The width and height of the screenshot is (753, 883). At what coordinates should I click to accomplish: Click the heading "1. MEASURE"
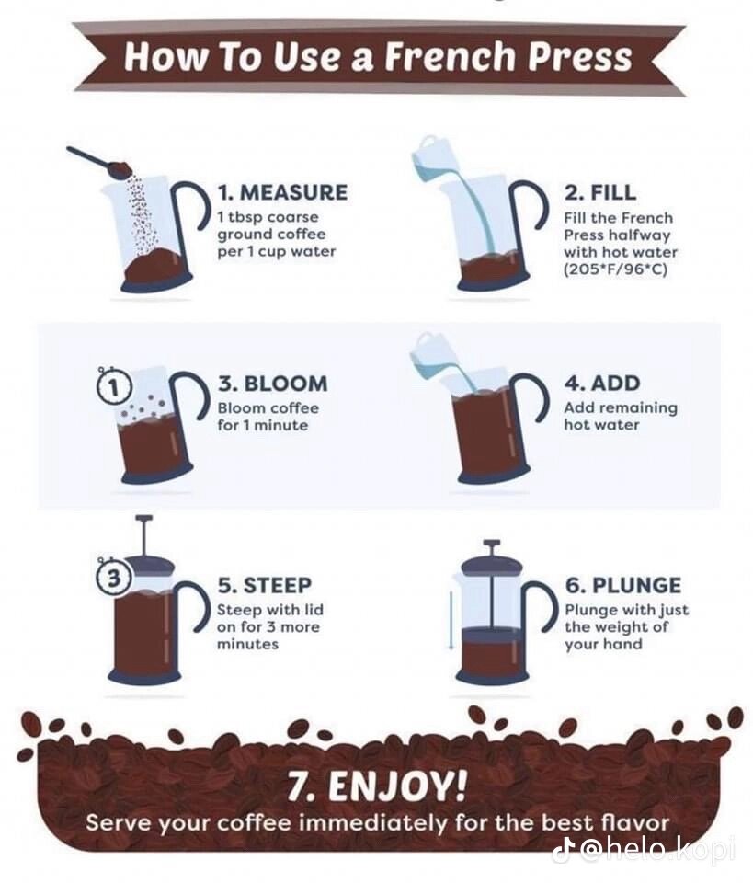point(282,192)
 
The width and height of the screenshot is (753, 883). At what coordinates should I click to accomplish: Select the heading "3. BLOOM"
point(272,383)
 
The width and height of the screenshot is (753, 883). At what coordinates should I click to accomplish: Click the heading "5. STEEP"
point(265,585)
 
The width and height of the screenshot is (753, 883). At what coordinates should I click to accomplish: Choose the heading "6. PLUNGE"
point(622,585)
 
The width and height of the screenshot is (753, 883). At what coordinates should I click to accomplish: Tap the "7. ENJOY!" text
point(376,786)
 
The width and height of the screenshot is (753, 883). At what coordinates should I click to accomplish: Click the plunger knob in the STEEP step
point(141,519)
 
